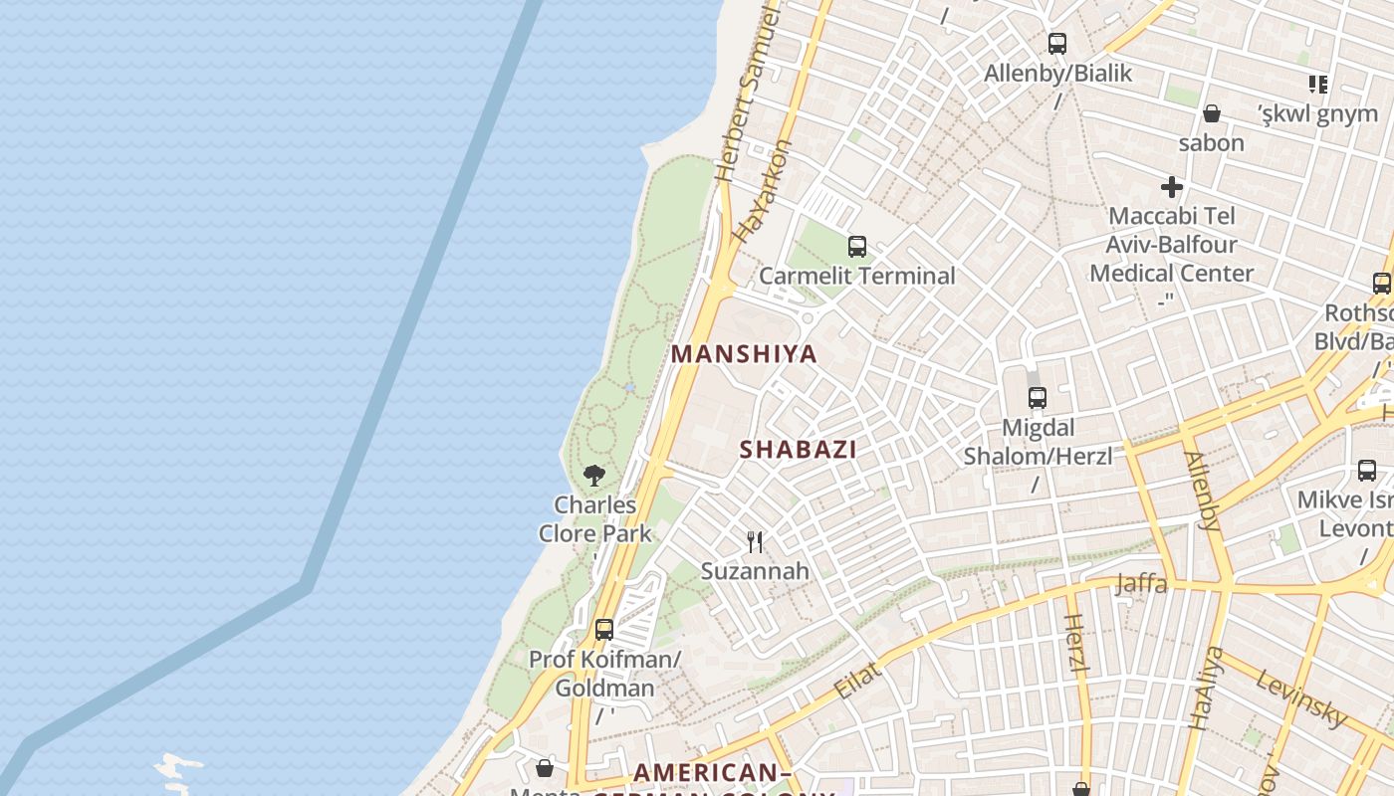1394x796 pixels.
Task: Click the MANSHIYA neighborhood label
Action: [x=744, y=354]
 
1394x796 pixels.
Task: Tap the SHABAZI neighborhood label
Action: [x=798, y=450]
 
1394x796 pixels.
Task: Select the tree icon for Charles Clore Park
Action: [x=594, y=475]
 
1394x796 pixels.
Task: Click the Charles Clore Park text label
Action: [x=595, y=518]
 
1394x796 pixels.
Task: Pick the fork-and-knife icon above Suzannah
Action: [x=755, y=542]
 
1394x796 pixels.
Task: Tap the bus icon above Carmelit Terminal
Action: [x=856, y=247]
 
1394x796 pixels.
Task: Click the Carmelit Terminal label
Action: [x=856, y=276]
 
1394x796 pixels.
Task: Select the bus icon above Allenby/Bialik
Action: [x=1056, y=44]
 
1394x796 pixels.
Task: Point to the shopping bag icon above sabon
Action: [x=1212, y=113]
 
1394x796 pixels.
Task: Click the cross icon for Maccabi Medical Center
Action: [x=1172, y=186]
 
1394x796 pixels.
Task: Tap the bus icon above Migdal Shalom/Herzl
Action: [x=1037, y=398]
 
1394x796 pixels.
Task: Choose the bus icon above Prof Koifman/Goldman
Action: [x=603, y=629]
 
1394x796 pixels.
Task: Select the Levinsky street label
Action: [x=1300, y=697]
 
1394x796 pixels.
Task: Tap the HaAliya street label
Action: [x=1206, y=688]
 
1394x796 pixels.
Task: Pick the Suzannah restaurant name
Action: [x=755, y=571]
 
